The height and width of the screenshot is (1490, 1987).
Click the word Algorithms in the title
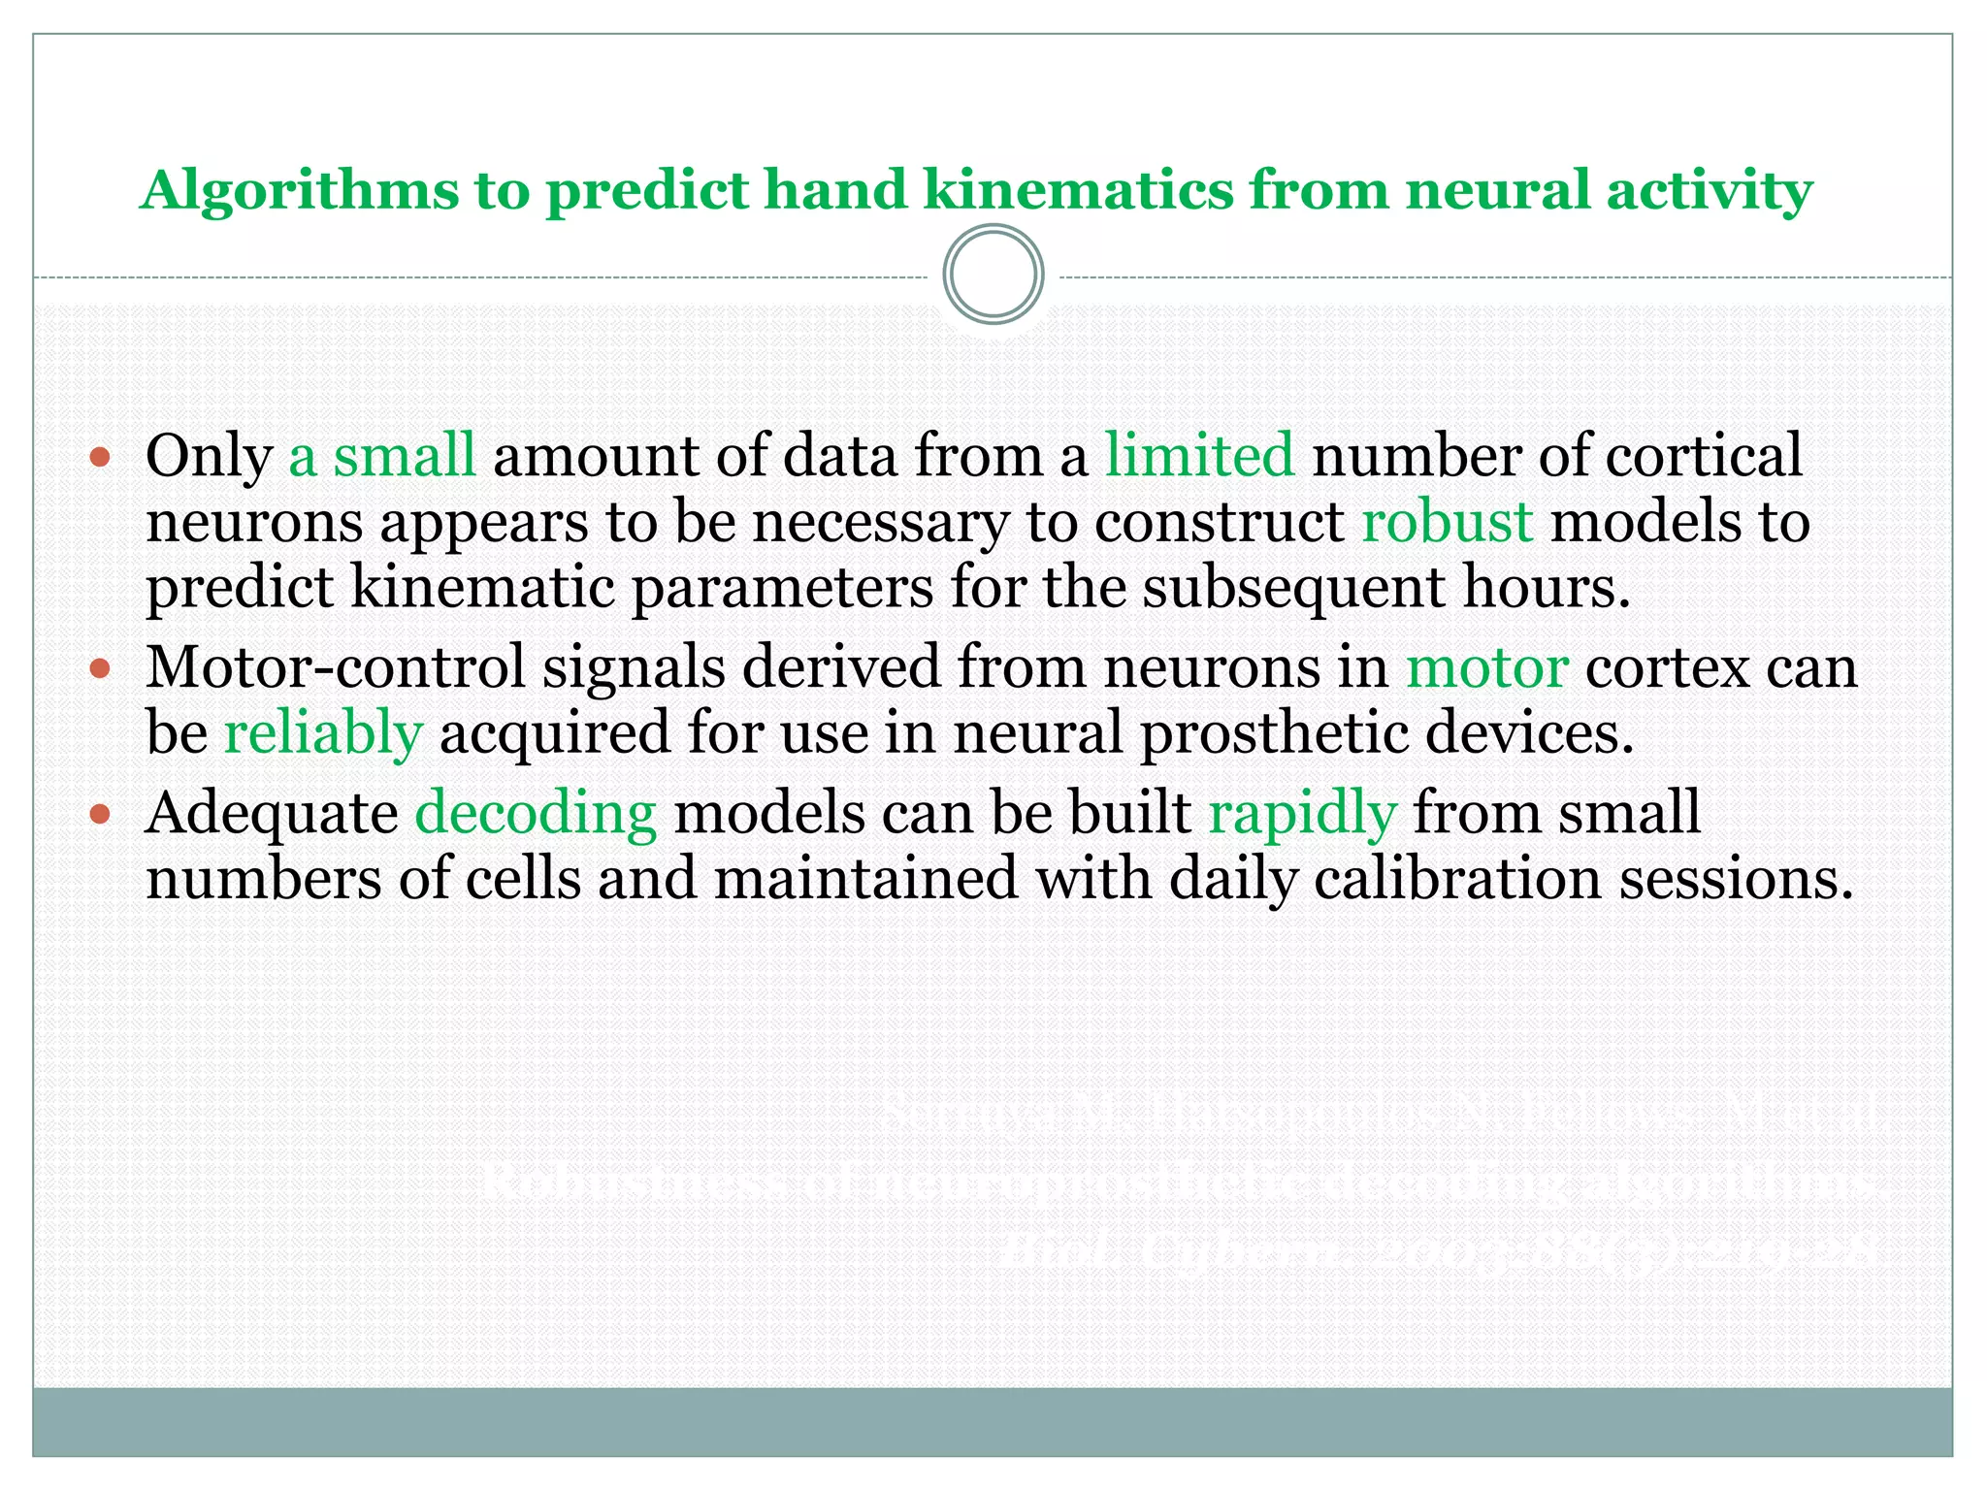pyautogui.click(x=299, y=191)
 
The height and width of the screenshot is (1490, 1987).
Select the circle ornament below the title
pyautogui.click(x=993, y=275)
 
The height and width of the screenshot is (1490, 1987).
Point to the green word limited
pyautogui.click(x=1199, y=455)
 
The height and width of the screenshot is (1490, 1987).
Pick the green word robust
pyautogui.click(x=1447, y=521)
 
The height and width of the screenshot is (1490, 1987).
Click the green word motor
pyautogui.click(x=1486, y=667)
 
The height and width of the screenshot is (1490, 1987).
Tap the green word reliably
pyautogui.click(x=323, y=733)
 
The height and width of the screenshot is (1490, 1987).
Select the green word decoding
pyautogui.click(x=536, y=813)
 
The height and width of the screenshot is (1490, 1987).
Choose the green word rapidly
pyautogui.click(x=1302, y=813)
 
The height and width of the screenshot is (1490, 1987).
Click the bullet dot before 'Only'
pyautogui.click(x=101, y=456)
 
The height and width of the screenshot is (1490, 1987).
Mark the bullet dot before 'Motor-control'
pyautogui.click(x=101, y=668)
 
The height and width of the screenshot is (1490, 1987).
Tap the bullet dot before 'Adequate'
pyautogui.click(x=101, y=813)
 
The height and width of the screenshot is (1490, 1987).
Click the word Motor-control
pyautogui.click(x=336, y=667)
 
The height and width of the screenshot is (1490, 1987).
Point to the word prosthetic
pyautogui.click(x=1274, y=733)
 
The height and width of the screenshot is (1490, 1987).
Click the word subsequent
pyautogui.click(x=1293, y=587)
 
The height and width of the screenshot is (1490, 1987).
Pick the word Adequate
pyautogui.click(x=272, y=813)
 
